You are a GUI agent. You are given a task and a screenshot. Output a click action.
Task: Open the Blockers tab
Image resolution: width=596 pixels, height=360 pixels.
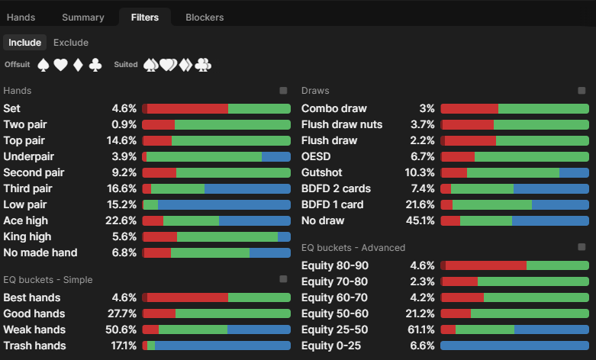[205, 17]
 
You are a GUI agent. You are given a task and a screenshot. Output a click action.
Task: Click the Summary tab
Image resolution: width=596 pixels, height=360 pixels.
[83, 17]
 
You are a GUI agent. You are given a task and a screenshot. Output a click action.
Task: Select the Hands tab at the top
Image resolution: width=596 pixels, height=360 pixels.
[21, 17]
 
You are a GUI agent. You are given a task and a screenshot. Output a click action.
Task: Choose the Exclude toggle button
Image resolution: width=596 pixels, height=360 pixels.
[71, 43]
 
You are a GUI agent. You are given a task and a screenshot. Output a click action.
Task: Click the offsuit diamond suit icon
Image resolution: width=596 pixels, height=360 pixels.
[77, 66]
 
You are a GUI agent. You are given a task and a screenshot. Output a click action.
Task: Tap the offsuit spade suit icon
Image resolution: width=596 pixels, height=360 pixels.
[43, 66]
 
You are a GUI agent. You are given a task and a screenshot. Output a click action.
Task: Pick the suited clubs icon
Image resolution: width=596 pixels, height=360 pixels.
[203, 66]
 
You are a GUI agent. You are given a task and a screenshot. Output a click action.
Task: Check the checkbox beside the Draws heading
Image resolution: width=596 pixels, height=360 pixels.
[582, 91]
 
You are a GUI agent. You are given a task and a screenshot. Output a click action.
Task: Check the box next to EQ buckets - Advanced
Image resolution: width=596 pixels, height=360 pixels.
[582, 247]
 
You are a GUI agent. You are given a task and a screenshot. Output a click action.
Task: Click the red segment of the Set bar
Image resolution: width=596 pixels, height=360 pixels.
[187, 108]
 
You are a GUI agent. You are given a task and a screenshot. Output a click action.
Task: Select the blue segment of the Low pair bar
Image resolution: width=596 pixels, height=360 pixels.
[224, 204]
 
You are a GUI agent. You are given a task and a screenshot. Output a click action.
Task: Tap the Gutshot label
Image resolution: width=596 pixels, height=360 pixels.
[324, 172]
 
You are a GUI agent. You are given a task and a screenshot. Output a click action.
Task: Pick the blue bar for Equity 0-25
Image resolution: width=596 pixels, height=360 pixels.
[514, 346]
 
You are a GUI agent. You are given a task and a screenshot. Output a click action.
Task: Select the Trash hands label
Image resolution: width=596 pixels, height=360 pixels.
[34, 346]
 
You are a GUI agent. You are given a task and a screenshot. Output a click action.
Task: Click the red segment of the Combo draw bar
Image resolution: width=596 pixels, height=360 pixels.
[469, 108]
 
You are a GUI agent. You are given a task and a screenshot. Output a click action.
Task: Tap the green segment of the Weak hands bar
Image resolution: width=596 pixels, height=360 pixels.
[192, 329]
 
